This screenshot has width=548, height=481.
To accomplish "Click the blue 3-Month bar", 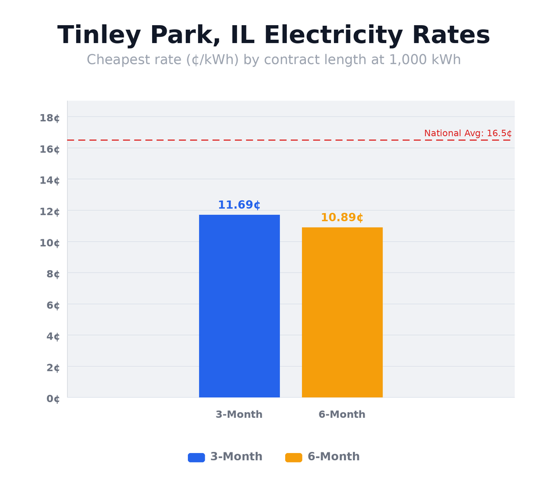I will pyautogui.click(x=239, y=306).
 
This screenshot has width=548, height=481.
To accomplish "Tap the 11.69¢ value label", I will pyautogui.click(x=239, y=205).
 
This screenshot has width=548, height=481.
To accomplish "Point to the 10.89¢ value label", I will pyautogui.click(x=342, y=218).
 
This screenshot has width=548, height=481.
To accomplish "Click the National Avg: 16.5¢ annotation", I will pyautogui.click(x=467, y=133).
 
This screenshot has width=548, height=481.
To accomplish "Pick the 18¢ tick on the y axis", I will pyautogui.click(x=50, y=117).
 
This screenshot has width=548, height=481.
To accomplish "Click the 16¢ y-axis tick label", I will pyautogui.click(x=50, y=149).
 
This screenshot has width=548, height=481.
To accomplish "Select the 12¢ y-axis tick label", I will pyautogui.click(x=50, y=211).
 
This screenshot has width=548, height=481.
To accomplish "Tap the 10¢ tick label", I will pyautogui.click(x=50, y=243).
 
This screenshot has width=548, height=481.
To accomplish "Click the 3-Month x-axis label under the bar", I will pyautogui.click(x=239, y=414).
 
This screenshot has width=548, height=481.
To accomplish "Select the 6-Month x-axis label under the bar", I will pyautogui.click(x=342, y=414).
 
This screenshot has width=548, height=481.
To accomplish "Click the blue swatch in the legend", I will pyautogui.click(x=196, y=458).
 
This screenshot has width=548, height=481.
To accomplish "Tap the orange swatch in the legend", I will pyautogui.click(x=294, y=458).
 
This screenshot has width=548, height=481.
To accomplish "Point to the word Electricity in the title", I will pyautogui.click(x=333, y=36).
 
